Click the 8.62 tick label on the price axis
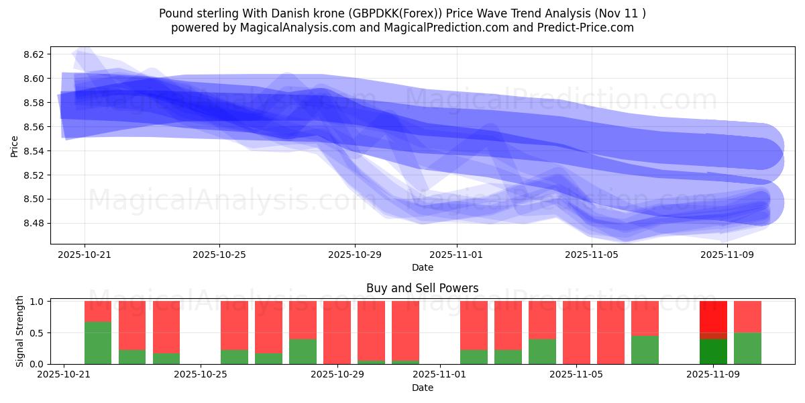pyautogui.click(x=35, y=54)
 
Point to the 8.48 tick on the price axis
pyautogui.click(x=35, y=224)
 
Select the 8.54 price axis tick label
pyautogui.click(x=35, y=151)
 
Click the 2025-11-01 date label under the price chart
pyautogui.click(x=457, y=255)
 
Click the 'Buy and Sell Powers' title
pyautogui.click(x=422, y=288)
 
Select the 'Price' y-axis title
pyautogui.click(x=15, y=145)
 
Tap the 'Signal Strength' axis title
pyautogui.click(x=20, y=330)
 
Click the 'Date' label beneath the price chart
pyautogui.click(x=422, y=267)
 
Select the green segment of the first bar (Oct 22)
pyautogui.click(x=98, y=343)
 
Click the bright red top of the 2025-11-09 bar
pyautogui.click(x=713, y=316)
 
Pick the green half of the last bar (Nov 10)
pyautogui.click(x=747, y=349)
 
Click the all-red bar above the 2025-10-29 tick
pyautogui.click(x=337, y=332)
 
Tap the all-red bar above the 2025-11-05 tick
pyautogui.click(x=576, y=332)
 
